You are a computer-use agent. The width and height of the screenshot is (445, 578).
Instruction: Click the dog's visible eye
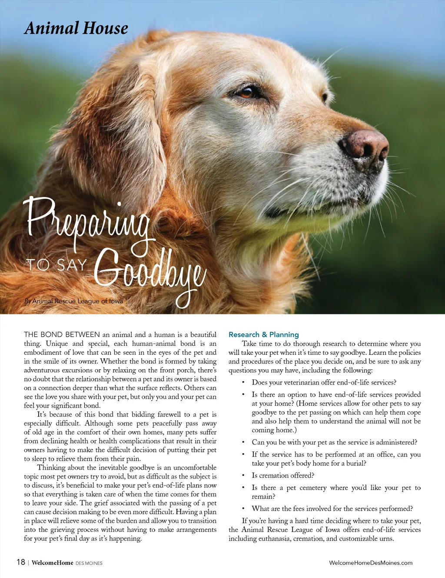click(248, 92)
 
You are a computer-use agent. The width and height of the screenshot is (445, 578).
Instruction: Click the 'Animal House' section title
click(76, 29)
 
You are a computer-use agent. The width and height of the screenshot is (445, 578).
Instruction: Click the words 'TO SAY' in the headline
click(56, 264)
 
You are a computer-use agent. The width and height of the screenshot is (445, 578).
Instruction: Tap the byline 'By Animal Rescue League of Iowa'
click(73, 301)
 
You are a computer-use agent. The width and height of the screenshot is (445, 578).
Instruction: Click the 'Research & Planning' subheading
click(263, 334)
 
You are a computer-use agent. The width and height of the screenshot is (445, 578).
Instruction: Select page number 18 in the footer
click(21, 562)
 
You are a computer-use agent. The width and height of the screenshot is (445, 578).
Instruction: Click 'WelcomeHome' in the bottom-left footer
click(53, 563)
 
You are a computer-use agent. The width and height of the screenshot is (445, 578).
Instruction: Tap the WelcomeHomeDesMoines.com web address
click(371, 563)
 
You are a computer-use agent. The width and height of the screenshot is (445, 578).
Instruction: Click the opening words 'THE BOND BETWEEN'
click(62, 334)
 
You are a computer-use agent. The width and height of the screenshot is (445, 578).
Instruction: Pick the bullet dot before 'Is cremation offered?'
click(243, 475)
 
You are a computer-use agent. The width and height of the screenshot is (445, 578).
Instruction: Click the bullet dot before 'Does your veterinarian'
click(243, 382)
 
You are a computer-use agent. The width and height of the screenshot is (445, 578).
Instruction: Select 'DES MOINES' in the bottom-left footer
click(89, 563)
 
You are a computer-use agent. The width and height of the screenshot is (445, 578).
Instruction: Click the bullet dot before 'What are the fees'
click(243, 508)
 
